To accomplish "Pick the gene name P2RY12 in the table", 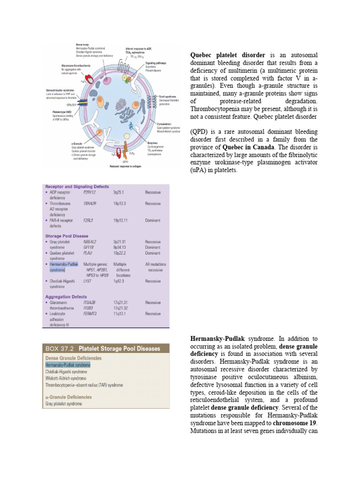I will pyautogui.click(x=90, y=193).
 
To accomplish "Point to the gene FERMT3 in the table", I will pyautogui.click(x=91, y=314).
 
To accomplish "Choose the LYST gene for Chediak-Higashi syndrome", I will pyautogui.click(x=87, y=281).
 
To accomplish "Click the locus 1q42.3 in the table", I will pyautogui.click(x=120, y=281).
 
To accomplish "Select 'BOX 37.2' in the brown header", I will pyautogui.click(x=60, y=349).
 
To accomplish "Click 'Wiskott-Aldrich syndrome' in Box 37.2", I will pyautogui.click(x=66, y=378).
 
